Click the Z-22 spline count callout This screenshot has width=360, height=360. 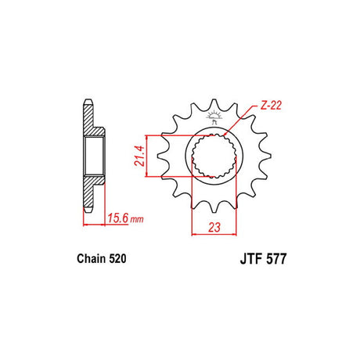[x=271, y=106]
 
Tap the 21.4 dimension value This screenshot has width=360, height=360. [x=139, y=156]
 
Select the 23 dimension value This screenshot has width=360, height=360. [x=214, y=227]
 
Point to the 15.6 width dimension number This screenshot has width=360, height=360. [x=118, y=218]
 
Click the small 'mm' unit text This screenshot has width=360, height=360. [x=137, y=219]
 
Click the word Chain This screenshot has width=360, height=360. [x=92, y=258]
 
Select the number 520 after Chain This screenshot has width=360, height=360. [x=117, y=258]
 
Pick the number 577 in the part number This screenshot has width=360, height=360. [x=276, y=259]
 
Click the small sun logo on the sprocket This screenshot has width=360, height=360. [x=214, y=117]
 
